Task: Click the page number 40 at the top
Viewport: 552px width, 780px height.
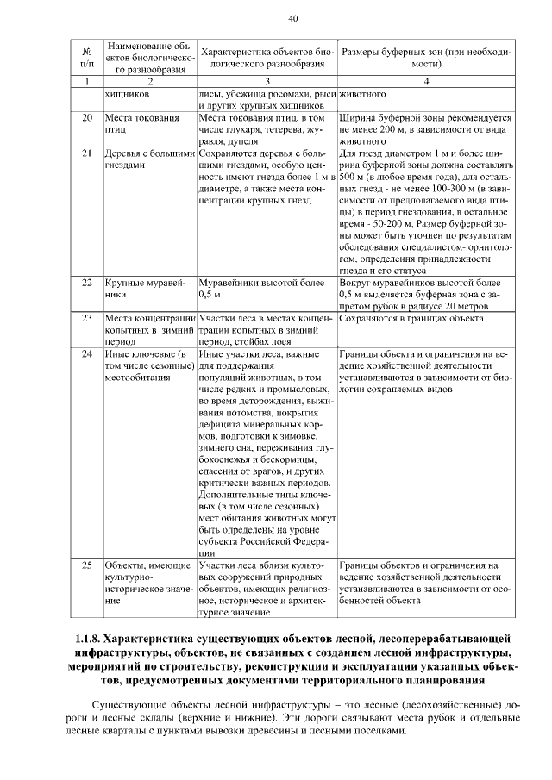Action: click(x=292, y=18)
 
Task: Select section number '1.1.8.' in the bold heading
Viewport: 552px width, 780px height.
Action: click(x=90, y=640)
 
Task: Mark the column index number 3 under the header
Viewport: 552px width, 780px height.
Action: click(x=266, y=81)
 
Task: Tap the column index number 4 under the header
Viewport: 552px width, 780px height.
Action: click(x=426, y=81)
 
